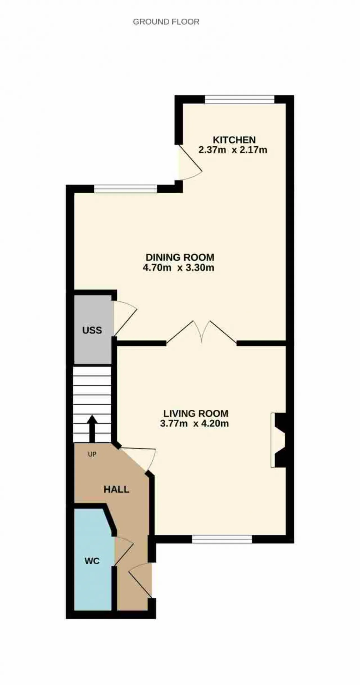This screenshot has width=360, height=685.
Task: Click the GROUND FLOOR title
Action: [x=166, y=22]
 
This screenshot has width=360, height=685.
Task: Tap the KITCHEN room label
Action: [x=234, y=140]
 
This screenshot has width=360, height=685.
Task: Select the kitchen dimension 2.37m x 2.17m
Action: [x=233, y=150]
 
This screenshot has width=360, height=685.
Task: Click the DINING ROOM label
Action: [x=180, y=257]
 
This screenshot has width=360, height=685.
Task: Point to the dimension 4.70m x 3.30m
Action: [x=178, y=267]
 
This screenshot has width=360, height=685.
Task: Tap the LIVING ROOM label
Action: [x=196, y=413]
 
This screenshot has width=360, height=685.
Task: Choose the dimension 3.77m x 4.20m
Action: [x=194, y=423]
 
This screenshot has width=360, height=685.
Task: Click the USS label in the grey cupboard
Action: [x=92, y=330]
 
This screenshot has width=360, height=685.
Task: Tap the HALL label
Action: [x=116, y=489]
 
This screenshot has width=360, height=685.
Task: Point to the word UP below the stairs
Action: [x=92, y=454]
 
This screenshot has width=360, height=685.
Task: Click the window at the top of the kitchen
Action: [x=240, y=99]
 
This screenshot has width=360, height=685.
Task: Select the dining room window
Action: [x=125, y=189]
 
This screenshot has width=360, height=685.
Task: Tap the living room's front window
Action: [x=222, y=539]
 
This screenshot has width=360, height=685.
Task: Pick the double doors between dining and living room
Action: [x=201, y=332]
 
